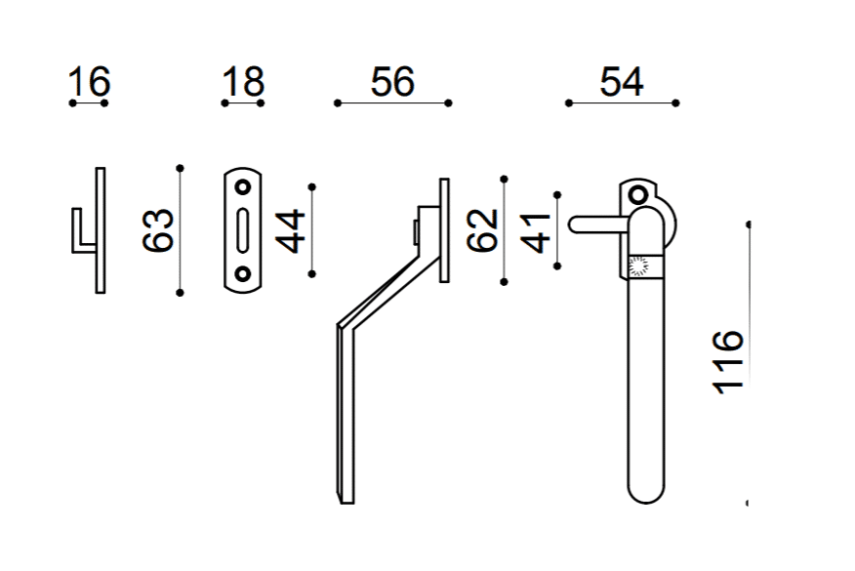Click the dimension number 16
click(x=90, y=82)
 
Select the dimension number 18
click(x=243, y=82)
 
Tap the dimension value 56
click(x=392, y=82)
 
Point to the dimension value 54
click(x=622, y=82)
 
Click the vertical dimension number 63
click(x=158, y=230)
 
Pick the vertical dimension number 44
click(x=290, y=231)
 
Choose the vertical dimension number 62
click(x=482, y=230)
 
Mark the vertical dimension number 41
click(x=537, y=233)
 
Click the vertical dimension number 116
click(x=728, y=361)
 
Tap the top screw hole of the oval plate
click(x=243, y=187)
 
